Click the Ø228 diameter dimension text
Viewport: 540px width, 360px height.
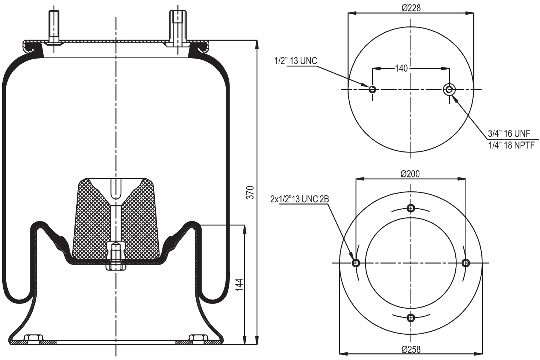point(411,7)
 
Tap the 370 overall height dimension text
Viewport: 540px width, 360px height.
point(250,192)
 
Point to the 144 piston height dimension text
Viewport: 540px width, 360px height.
point(239,285)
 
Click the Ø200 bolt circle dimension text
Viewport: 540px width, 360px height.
point(410,173)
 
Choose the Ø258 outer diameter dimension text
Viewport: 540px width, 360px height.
point(411,349)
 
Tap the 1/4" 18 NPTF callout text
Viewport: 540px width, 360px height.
point(511,145)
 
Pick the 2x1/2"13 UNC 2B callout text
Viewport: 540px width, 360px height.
point(299,199)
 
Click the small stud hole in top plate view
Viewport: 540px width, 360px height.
point(372,89)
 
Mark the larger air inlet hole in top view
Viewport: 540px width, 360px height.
point(449,89)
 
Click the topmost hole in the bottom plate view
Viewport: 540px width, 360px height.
point(411,208)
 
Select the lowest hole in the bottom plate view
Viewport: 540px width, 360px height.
point(411,317)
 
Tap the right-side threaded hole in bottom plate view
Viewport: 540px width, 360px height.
point(466,263)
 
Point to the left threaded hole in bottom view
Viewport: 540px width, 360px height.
point(356,263)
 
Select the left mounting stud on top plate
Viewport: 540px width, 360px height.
point(54,27)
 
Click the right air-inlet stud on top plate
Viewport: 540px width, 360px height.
point(178,27)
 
